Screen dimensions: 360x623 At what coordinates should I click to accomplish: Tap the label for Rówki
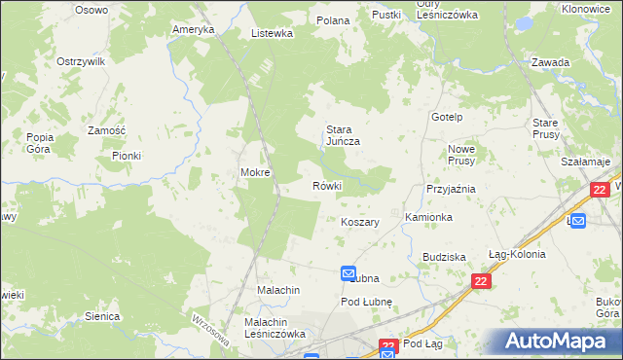[327, 186]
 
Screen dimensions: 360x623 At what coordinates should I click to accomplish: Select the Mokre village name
[255, 173]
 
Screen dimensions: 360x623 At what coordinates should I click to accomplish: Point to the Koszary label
[359, 222]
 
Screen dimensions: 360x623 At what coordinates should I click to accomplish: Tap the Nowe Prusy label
[460, 156]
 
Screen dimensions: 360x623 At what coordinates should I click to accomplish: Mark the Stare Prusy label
[544, 128]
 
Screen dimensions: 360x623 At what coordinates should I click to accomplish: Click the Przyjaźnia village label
[450, 190]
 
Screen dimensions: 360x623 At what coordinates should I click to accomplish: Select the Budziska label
[444, 257]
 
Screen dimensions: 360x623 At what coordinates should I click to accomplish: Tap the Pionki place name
[127, 155]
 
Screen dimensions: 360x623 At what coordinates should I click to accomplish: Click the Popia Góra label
[40, 143]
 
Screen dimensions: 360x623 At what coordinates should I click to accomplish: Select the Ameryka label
[193, 29]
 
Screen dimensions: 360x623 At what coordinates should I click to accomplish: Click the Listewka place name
[273, 33]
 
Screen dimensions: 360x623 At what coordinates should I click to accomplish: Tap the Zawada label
[550, 62]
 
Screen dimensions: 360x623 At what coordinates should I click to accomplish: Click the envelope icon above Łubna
[348, 275]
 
